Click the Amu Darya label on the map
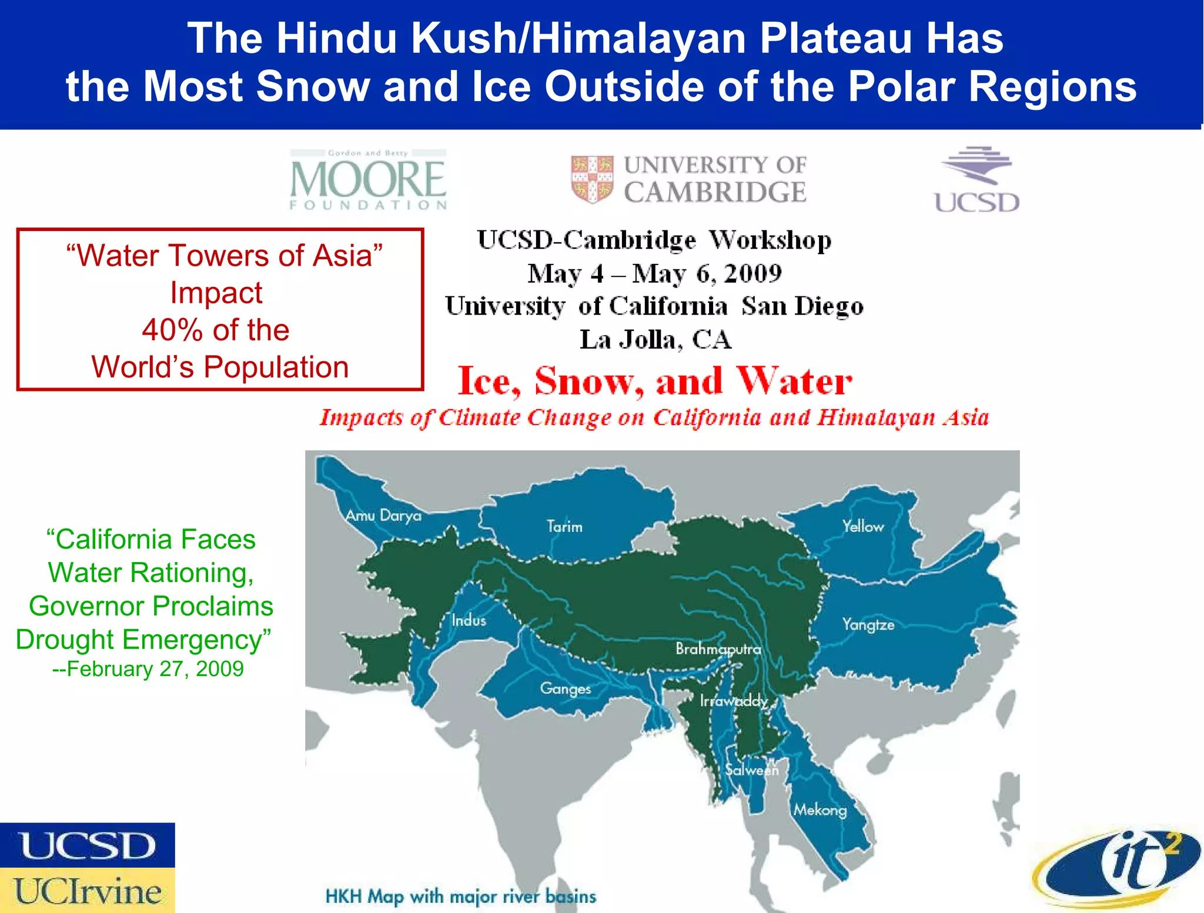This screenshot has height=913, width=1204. tap(383, 516)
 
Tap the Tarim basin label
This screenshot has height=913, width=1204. tap(564, 526)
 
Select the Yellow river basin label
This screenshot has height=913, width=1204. tap(862, 526)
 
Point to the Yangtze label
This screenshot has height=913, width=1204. tap(868, 624)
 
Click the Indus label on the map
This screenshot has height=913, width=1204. tap(469, 620)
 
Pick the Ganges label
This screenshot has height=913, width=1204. tap(565, 688)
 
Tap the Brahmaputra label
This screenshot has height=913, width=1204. tap(718, 649)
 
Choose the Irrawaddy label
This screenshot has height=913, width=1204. tap(734, 701)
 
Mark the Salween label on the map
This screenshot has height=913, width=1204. tap(751, 770)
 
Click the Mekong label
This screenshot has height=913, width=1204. tap(820, 810)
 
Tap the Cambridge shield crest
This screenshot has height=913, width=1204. tap(592, 179)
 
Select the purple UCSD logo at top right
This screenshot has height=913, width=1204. tap(976, 179)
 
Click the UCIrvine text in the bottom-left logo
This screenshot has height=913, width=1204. tap(88, 891)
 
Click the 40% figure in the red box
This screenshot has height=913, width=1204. tap(172, 330)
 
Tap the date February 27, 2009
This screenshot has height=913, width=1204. tap(148, 669)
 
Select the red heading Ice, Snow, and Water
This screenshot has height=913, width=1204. tap(654, 381)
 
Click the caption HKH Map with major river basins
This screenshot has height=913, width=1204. tap(460, 897)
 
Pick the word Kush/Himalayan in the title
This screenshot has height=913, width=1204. tap(580, 38)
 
